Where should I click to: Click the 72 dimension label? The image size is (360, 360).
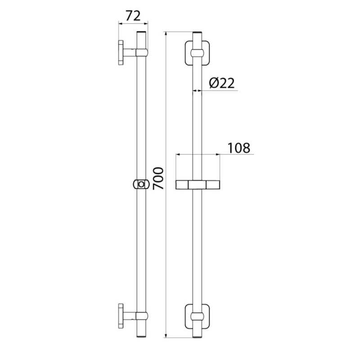[x=133, y=16]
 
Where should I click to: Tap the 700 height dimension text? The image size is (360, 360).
[x=158, y=178]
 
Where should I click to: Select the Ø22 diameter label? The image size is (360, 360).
[x=222, y=83]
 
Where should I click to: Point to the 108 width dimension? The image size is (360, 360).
[x=239, y=148]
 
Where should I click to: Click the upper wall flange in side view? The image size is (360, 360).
[x=121, y=53]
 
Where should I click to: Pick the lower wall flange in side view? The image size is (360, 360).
[x=121, y=316]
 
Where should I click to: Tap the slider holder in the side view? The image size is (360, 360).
[x=141, y=184]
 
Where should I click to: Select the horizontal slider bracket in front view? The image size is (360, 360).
[x=198, y=185]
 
